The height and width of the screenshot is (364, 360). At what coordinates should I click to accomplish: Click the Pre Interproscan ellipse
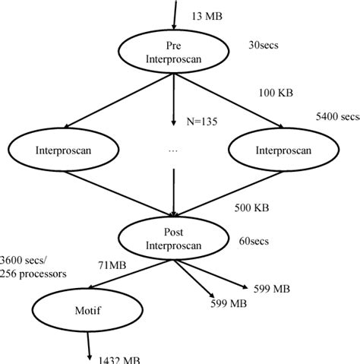pos(175,52)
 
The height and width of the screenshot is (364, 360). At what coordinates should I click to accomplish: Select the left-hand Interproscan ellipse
pos(62,150)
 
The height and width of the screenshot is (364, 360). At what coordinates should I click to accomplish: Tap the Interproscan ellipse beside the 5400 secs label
pos(283,150)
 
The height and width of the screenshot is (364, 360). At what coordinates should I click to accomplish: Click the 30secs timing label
pos(264,45)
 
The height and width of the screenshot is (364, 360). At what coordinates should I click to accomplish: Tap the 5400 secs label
pos(336,117)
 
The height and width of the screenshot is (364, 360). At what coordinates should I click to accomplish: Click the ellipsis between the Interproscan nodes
pos(173,151)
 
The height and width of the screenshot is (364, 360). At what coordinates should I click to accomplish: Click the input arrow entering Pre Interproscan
pos(175,15)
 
